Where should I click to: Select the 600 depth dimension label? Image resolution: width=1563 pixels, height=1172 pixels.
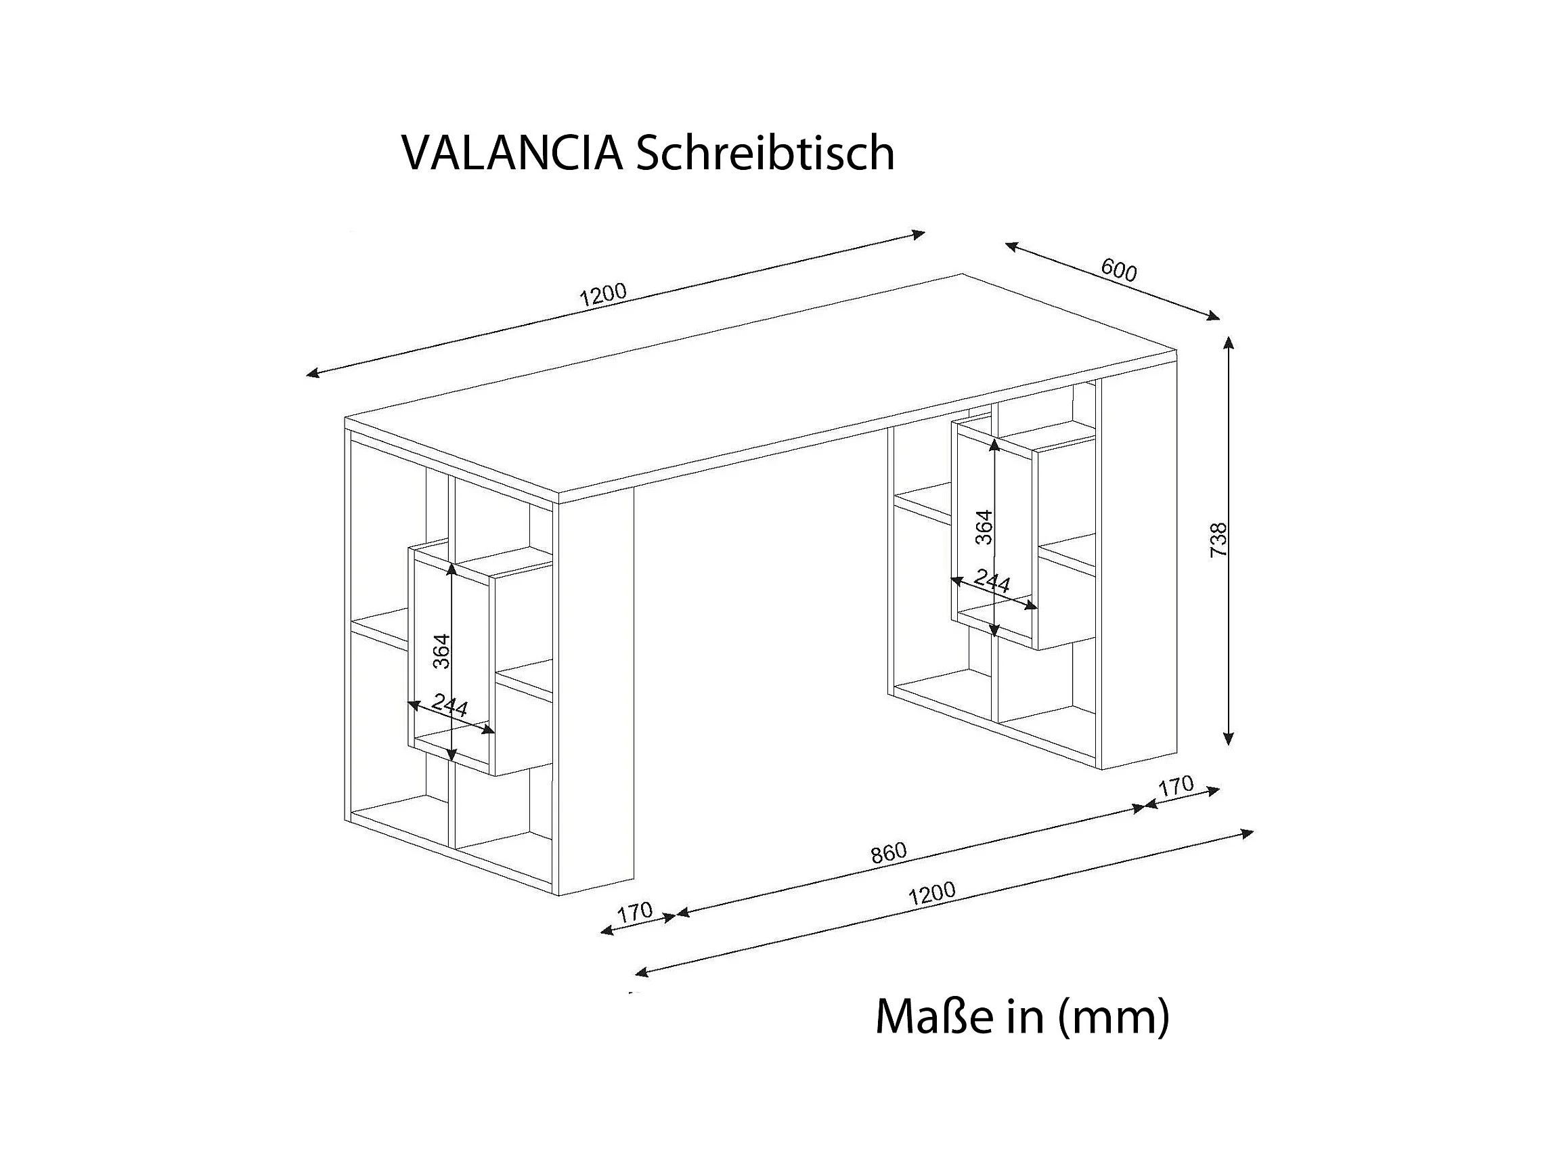pyautogui.click(x=1119, y=269)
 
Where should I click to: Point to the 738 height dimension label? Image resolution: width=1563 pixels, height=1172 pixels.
pyautogui.click(x=1219, y=540)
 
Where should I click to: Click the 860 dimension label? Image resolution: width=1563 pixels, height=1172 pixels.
pyautogui.click(x=888, y=853)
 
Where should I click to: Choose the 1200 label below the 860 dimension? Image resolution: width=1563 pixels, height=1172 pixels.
pyautogui.click(x=932, y=894)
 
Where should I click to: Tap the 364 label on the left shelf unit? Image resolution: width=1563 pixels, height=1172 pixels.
pyautogui.click(x=441, y=651)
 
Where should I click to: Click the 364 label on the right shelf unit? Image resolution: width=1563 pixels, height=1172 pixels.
pyautogui.click(x=984, y=527)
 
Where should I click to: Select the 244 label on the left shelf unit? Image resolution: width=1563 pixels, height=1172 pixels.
pyautogui.click(x=450, y=705)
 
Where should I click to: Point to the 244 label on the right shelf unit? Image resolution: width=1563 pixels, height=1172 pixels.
pyautogui.click(x=992, y=580)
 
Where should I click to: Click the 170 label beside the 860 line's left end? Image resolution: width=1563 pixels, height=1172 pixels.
pyautogui.click(x=634, y=912)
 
